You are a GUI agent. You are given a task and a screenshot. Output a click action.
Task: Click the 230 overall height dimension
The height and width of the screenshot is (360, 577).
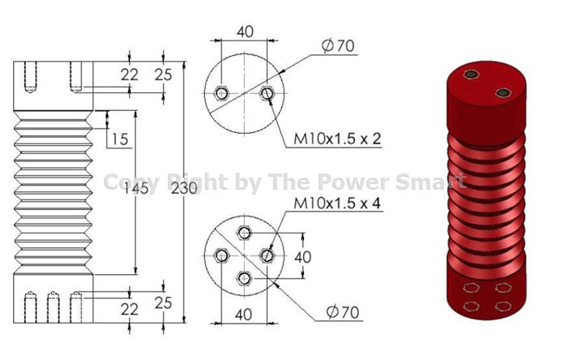(184, 188)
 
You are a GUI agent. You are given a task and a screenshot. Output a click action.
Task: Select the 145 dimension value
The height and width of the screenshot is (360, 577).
(135, 188)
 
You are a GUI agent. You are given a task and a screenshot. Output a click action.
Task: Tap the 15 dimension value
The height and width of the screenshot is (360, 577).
(120, 139)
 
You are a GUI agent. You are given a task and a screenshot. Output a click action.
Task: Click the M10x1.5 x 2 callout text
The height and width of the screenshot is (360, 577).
(337, 139)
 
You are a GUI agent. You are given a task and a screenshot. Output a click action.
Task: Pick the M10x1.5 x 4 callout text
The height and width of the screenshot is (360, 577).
(337, 204)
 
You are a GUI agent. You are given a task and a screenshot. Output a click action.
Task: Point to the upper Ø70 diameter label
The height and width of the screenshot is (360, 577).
(338, 46)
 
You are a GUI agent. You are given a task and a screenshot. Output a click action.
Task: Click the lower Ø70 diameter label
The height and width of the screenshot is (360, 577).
(343, 312)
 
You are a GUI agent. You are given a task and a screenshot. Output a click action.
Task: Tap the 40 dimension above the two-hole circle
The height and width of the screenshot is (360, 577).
(245, 32)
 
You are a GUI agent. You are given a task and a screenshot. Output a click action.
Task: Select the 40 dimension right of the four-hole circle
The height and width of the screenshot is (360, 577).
(303, 257)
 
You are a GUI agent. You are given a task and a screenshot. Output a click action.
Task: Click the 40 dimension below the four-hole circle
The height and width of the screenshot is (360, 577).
(243, 315)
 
